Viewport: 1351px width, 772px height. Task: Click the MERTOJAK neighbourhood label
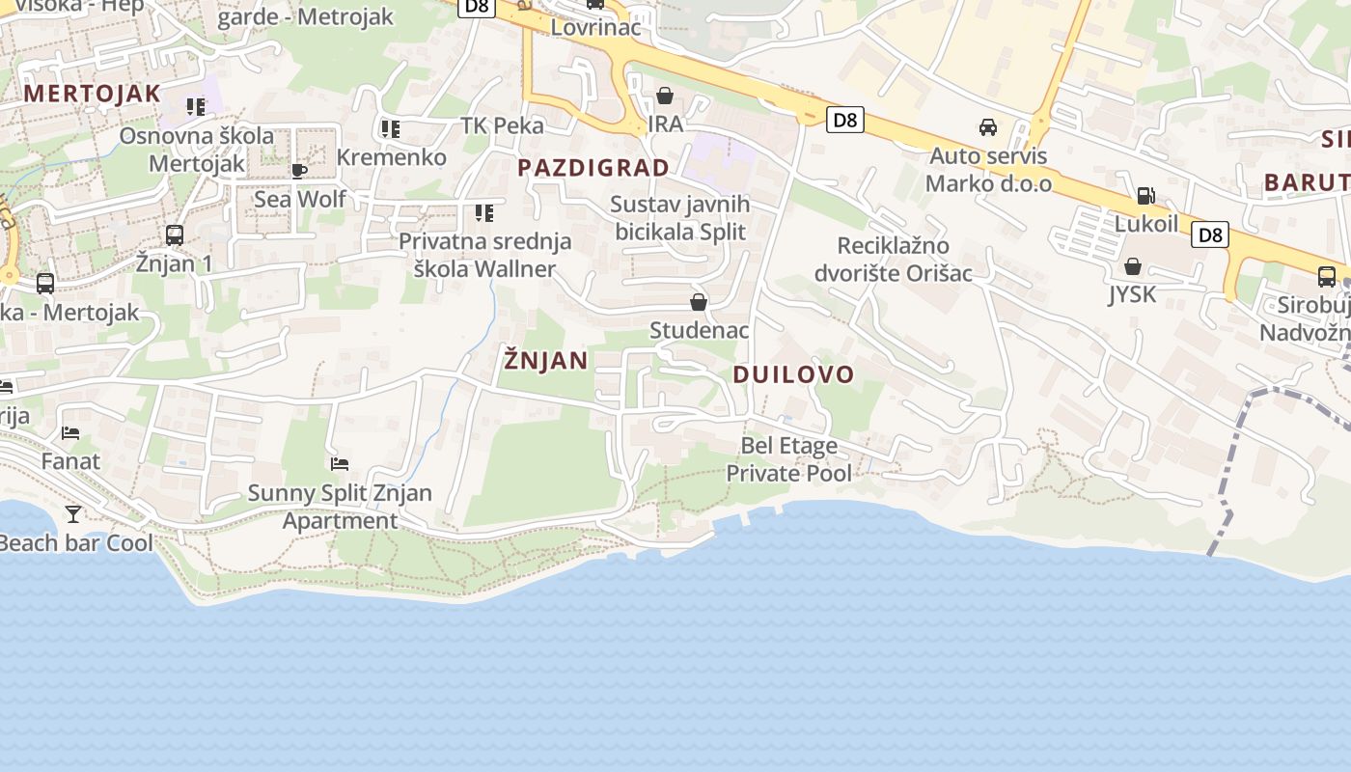[x=92, y=94]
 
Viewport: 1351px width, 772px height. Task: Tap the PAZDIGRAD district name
[x=593, y=168]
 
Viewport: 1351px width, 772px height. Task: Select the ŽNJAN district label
[x=545, y=361]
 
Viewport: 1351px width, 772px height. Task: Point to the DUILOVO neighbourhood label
[x=794, y=374]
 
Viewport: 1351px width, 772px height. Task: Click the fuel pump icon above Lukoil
[x=1145, y=196]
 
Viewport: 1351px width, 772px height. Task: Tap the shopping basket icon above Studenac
[x=699, y=303]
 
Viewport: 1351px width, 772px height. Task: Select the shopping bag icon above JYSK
[x=1133, y=266]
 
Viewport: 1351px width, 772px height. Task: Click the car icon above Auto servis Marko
[x=988, y=127]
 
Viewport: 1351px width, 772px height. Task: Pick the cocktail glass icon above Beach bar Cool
[x=73, y=514]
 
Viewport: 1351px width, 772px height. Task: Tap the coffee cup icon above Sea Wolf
[x=299, y=171]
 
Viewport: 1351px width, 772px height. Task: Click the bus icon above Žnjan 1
[x=175, y=235]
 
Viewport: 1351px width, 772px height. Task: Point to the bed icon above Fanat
[x=70, y=433]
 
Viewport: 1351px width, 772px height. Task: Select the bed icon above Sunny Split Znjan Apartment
[x=339, y=464]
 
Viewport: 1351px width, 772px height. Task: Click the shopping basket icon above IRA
[x=665, y=96]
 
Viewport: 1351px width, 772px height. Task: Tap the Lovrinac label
[x=595, y=27]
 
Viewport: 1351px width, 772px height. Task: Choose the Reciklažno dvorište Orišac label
[x=893, y=260]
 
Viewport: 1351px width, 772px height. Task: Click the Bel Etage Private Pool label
[x=788, y=459]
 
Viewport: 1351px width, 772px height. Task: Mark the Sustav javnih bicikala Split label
[x=680, y=218]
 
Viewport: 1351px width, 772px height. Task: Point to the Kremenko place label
[x=391, y=157]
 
